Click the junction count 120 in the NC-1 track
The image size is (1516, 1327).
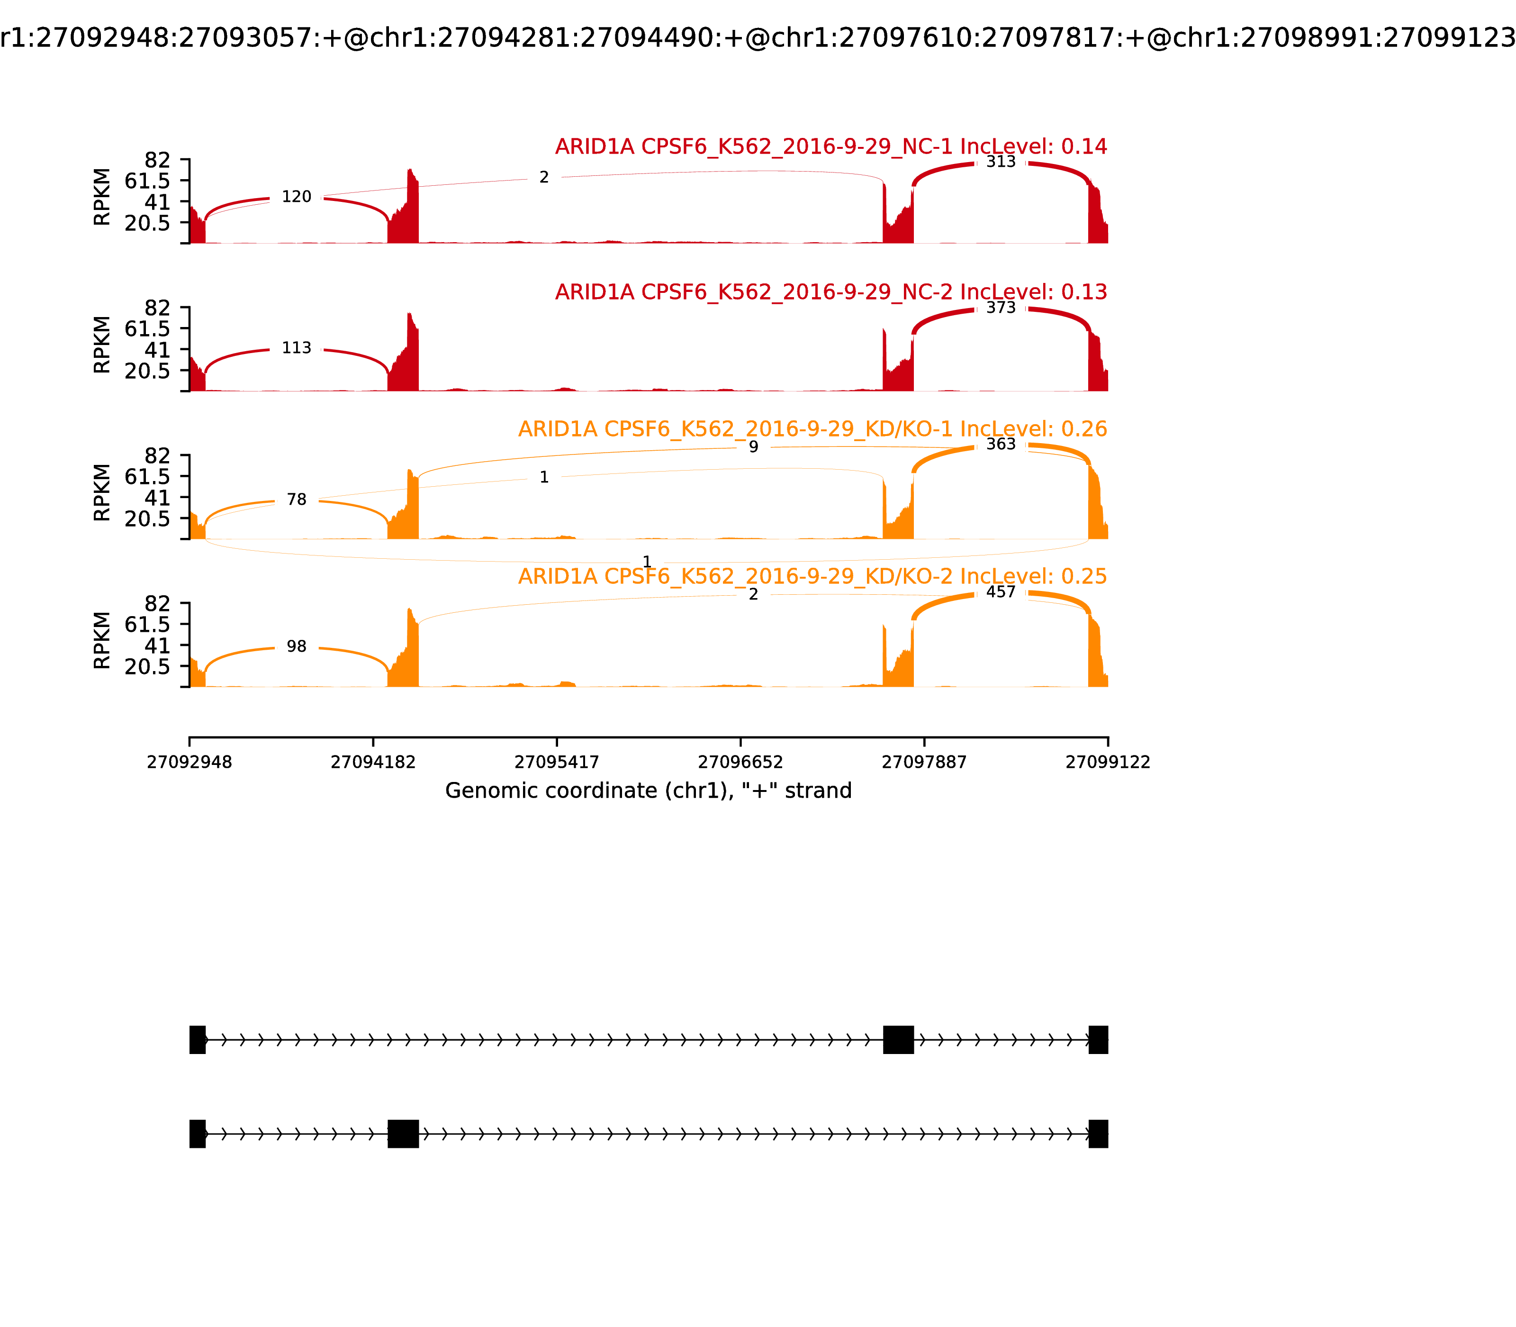pyautogui.click(x=296, y=197)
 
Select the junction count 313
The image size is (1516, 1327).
pyautogui.click(x=1001, y=162)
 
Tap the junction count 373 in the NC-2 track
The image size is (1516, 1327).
pyautogui.click(x=1001, y=307)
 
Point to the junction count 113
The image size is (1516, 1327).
pyautogui.click(x=296, y=348)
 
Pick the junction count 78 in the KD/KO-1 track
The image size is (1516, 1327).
pyautogui.click(x=296, y=500)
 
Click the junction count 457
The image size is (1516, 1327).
pyautogui.click(x=1001, y=592)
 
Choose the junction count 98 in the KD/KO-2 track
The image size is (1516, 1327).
pyautogui.click(x=296, y=646)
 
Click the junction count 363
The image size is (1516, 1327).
pyautogui.click(x=1001, y=445)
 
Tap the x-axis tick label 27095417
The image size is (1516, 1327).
pyautogui.click(x=557, y=762)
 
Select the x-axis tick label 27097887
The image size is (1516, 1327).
pyautogui.click(x=924, y=762)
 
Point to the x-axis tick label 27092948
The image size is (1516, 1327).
pyautogui.click(x=189, y=762)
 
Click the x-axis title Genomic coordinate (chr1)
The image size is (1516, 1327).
pyautogui.click(x=648, y=791)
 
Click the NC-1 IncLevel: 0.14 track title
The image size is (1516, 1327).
pyautogui.click(x=830, y=146)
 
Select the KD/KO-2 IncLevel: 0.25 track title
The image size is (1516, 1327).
pyautogui.click(x=812, y=576)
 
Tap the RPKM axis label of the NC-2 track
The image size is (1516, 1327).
pyautogui.click(x=102, y=345)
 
